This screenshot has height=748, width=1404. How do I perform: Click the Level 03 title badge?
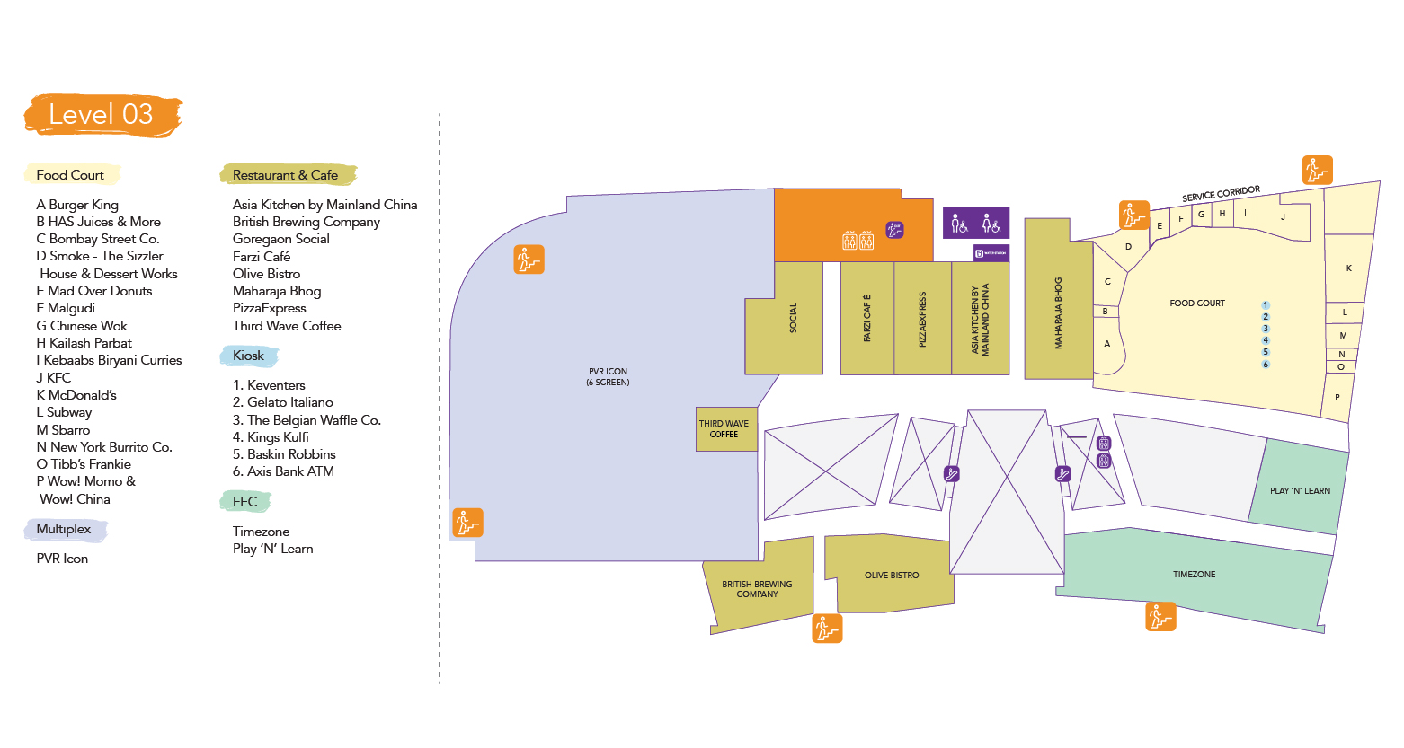[x=101, y=115]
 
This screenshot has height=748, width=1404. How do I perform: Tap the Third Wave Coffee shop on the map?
[x=724, y=429]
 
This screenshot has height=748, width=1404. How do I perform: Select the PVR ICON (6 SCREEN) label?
[x=608, y=376]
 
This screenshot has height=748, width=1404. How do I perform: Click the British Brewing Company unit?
[x=757, y=589]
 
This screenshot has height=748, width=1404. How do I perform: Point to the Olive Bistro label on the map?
[x=892, y=576]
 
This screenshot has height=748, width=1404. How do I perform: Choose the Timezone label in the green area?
[x=1194, y=575]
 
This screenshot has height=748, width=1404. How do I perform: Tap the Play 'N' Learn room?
[x=1300, y=491]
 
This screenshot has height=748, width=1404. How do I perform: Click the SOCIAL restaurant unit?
[x=792, y=318]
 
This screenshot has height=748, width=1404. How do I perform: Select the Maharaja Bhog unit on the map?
[x=1058, y=312]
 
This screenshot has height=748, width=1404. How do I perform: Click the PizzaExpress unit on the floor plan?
[x=922, y=319]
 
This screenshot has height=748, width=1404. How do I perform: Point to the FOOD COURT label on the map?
[x=1197, y=304]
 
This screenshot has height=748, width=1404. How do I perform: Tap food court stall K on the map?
[x=1348, y=268]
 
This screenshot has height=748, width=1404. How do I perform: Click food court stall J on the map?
[x=1283, y=217]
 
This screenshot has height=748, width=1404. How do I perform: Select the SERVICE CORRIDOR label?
[x=1221, y=194]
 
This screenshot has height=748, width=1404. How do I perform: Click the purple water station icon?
[x=991, y=253]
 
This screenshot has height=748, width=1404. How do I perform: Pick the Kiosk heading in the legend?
[x=248, y=356]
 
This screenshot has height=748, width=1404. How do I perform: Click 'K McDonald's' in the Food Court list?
[x=76, y=395]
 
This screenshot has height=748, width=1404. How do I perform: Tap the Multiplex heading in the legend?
[x=64, y=529]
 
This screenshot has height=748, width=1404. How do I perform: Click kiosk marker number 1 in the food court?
[x=1266, y=305]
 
